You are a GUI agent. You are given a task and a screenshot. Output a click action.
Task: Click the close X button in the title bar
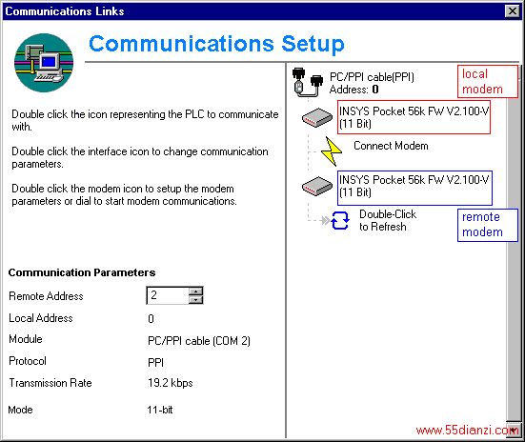tap(512, 11)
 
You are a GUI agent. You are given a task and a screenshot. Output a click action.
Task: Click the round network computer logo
tap(44, 63)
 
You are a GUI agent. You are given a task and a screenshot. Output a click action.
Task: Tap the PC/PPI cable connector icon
tap(308, 83)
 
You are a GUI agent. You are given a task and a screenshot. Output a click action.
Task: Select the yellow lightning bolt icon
tap(331, 151)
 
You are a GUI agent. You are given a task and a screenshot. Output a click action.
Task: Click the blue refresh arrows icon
tap(340, 220)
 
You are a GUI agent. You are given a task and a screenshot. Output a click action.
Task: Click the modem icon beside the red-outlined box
tap(316, 117)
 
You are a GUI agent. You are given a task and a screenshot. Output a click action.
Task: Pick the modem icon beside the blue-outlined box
tap(316, 186)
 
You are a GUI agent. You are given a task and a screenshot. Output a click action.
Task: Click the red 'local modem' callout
tap(488, 81)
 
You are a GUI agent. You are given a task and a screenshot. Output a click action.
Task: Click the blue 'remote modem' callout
tap(488, 225)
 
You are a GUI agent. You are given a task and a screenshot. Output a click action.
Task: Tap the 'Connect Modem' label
tap(391, 146)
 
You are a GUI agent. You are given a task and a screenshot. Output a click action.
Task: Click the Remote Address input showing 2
tap(167, 295)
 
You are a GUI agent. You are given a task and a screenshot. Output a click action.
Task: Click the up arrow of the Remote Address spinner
tap(195, 291)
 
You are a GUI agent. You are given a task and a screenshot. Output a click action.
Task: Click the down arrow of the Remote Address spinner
tap(195, 300)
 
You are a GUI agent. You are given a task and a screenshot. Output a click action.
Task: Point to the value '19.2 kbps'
tap(171, 383)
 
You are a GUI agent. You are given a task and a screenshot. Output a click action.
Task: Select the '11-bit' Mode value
tap(160, 410)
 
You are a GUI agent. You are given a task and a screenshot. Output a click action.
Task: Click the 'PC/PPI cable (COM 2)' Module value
tap(199, 341)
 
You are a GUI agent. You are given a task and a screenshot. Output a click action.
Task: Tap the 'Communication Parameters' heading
tap(82, 272)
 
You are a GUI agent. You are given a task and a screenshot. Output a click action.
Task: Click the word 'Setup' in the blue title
tap(313, 45)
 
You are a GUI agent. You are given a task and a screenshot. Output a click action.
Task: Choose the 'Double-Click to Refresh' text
tap(388, 220)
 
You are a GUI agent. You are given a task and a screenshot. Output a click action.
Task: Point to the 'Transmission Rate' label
tap(50, 383)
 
